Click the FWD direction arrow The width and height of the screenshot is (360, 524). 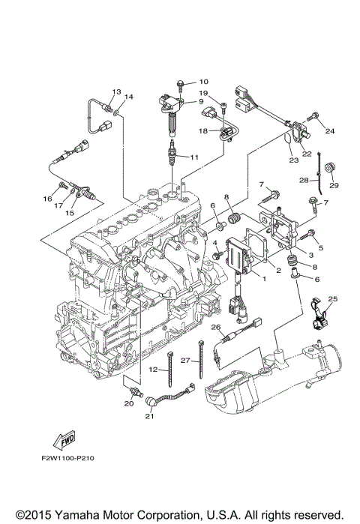click(64, 440)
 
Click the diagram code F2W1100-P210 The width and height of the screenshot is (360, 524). click(67, 458)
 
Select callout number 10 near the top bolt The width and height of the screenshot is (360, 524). click(203, 82)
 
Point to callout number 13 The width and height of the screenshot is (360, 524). click(116, 91)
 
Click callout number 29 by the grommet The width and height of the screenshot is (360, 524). click(334, 185)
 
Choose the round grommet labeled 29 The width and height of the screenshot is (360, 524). click(330, 168)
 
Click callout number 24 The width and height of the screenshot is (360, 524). click(329, 131)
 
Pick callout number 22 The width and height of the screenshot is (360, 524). click(307, 154)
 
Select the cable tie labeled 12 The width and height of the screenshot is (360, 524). click(169, 369)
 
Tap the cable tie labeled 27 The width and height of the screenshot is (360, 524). click(201, 359)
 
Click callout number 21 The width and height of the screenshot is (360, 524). click(149, 416)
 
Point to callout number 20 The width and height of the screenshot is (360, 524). click(129, 403)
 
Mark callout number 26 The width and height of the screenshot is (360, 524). click(216, 327)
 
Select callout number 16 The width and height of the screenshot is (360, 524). click(47, 199)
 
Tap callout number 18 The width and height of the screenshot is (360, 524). click(203, 131)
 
